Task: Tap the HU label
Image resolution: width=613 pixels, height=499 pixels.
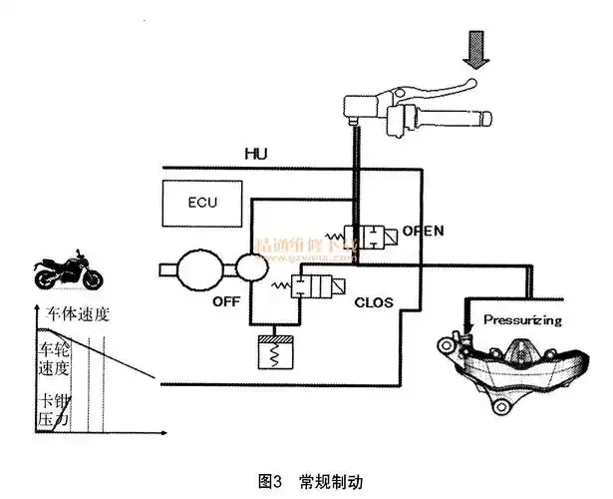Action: click(256, 154)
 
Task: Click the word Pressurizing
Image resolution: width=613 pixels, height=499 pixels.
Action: click(522, 320)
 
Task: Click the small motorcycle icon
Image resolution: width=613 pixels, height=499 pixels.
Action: click(66, 271)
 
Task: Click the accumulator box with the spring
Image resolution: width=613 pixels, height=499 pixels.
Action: click(273, 352)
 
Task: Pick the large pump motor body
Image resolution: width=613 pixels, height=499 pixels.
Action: click(201, 267)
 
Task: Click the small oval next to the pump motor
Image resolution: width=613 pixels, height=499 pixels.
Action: click(251, 266)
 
